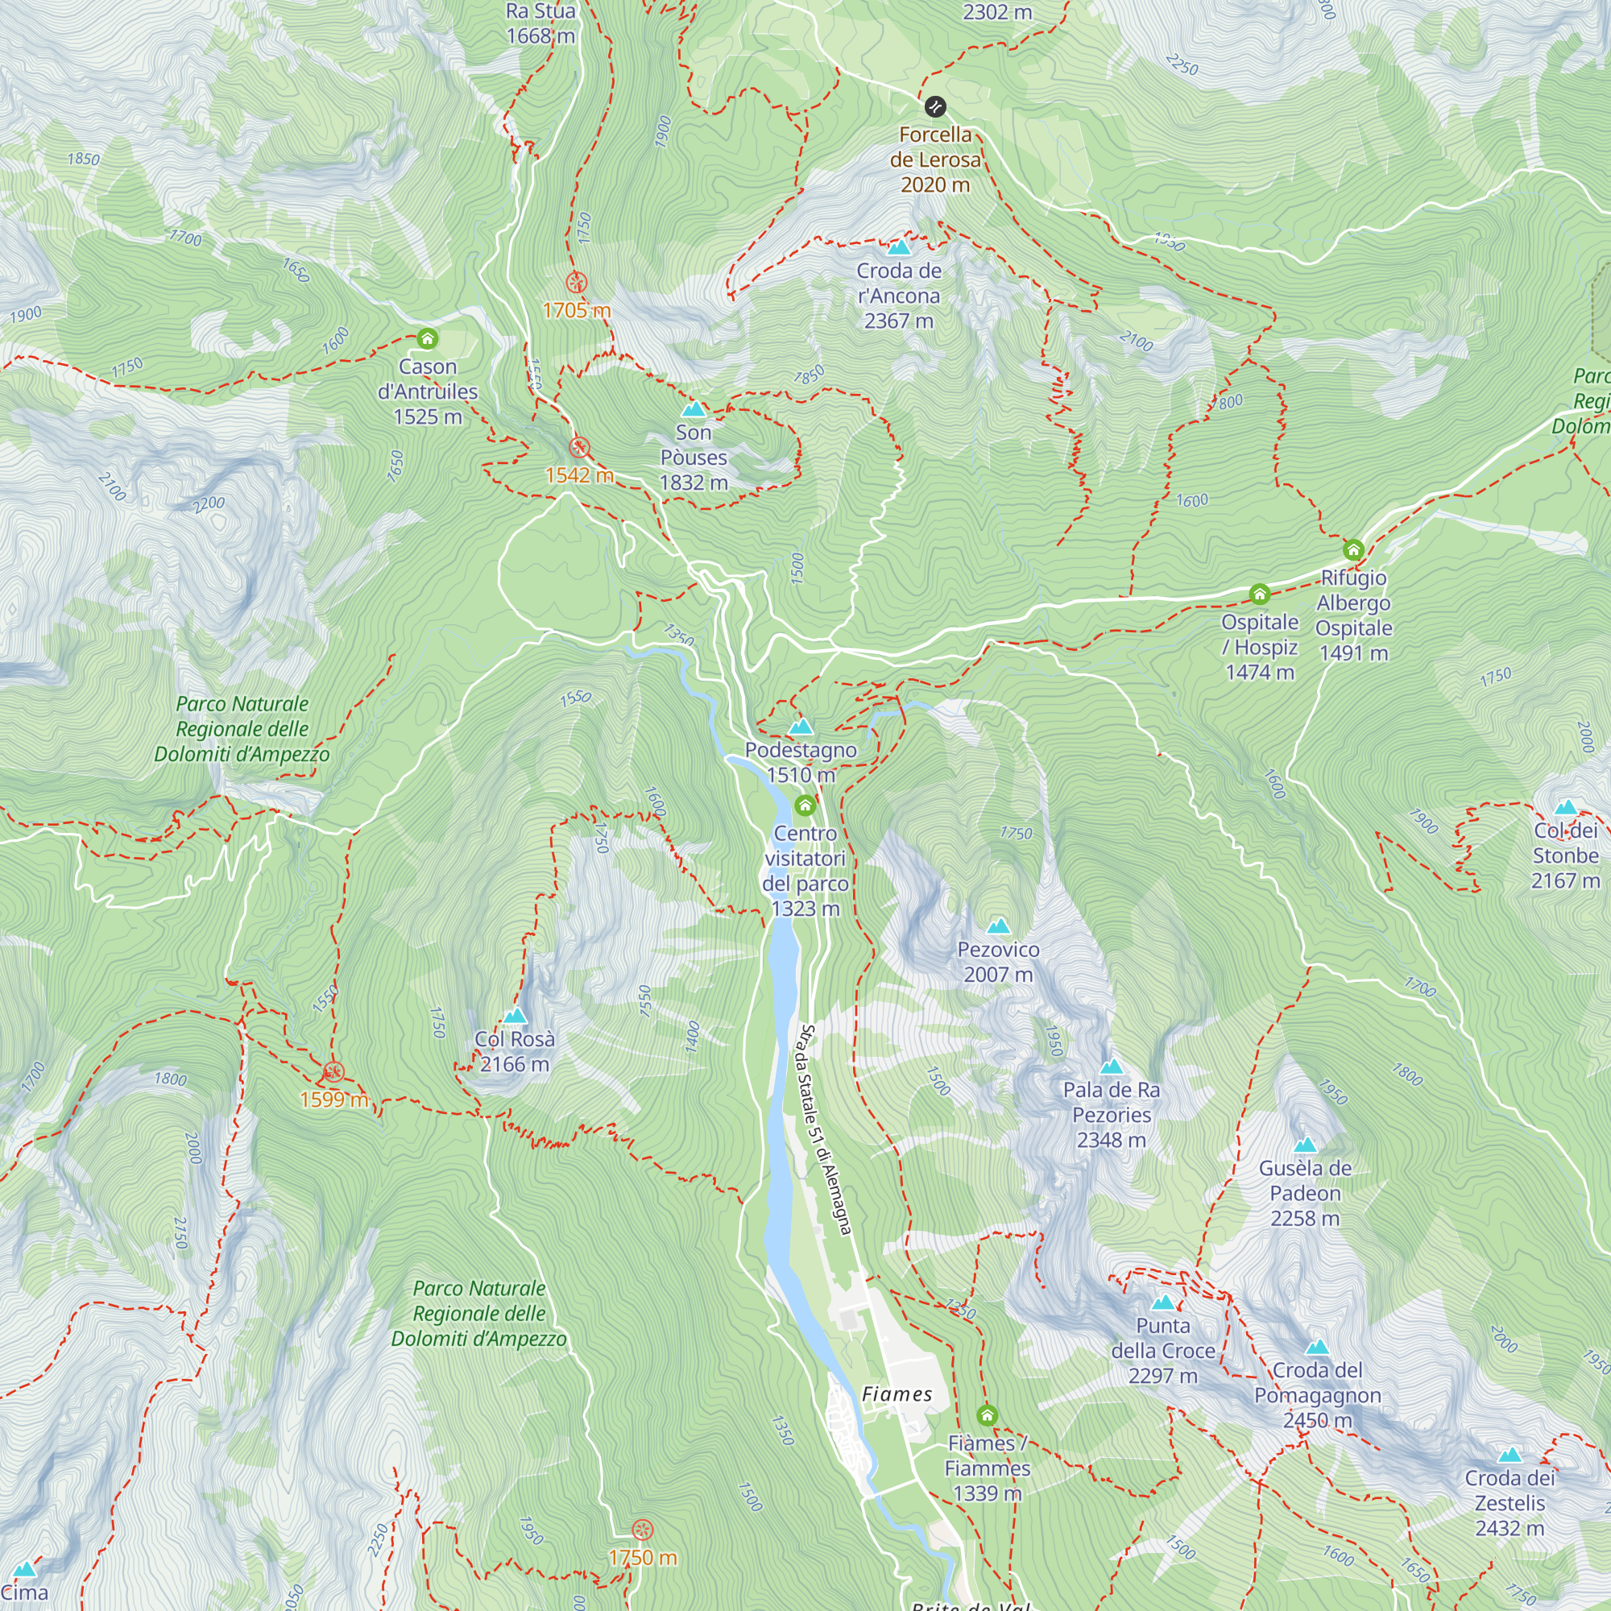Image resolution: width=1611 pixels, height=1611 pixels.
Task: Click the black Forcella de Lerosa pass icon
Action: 934,107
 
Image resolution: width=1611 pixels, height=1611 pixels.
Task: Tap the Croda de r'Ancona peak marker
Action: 899,246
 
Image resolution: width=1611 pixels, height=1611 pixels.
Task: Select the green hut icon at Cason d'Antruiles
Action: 428,338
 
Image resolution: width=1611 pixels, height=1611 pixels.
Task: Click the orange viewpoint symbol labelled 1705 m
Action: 576,283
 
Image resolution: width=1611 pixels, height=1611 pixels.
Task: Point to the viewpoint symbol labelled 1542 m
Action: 578,448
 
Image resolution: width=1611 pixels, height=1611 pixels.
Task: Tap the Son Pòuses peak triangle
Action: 694,409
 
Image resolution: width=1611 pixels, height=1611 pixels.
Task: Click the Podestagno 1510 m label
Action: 801,762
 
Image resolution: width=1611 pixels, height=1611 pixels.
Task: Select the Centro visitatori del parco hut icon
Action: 805,805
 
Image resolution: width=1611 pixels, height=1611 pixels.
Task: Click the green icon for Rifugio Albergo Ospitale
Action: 1353,550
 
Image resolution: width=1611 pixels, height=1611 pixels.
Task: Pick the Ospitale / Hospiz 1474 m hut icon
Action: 1259,594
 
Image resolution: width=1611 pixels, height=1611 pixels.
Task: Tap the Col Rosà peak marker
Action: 516,1016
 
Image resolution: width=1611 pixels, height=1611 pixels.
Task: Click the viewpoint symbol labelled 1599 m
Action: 333,1072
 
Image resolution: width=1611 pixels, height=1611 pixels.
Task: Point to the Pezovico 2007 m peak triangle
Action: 998,926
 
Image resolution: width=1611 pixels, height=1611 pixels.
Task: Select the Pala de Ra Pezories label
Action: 1111,1114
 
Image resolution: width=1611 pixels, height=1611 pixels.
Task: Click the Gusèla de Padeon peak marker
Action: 1305,1145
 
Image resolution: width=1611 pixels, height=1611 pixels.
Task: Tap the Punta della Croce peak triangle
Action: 1162,1302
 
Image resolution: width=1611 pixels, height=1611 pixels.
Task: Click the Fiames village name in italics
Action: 897,1394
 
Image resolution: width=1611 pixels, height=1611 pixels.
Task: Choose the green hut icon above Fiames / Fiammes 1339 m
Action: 988,1415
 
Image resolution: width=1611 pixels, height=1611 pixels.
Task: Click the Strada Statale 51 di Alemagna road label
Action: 824,1129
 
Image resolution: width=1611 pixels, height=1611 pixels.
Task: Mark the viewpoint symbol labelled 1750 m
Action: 642,1530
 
